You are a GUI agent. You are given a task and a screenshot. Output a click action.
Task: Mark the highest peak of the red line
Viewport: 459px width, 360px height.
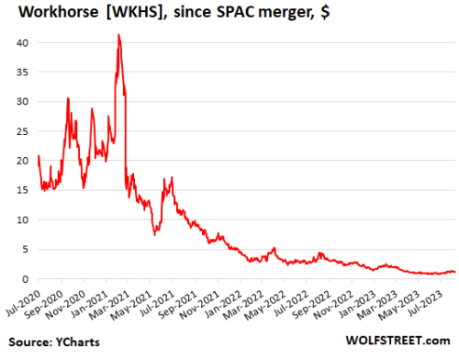point(118,35)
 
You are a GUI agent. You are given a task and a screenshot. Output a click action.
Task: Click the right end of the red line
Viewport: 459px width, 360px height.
point(454,272)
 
